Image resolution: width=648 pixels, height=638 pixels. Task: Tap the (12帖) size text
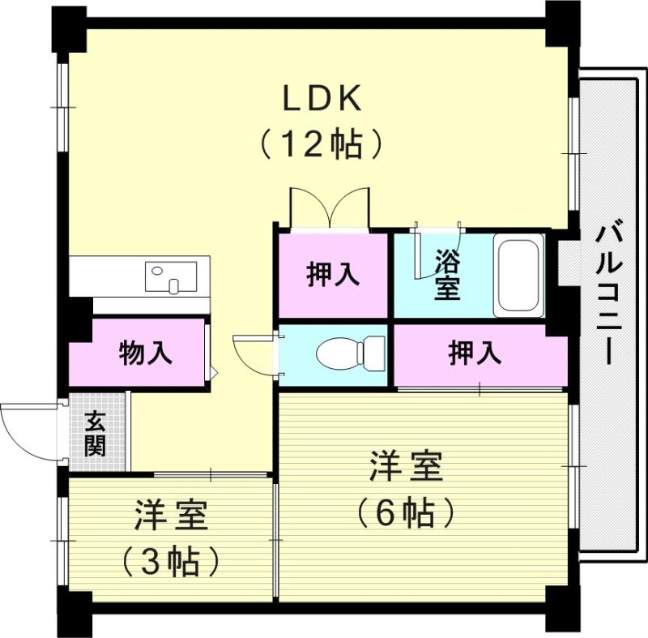coord(321,144)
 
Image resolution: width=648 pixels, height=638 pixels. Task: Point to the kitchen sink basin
coord(171,276)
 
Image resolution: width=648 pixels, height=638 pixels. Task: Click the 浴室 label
coord(446,275)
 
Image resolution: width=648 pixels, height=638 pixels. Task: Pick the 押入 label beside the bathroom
coord(333,275)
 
